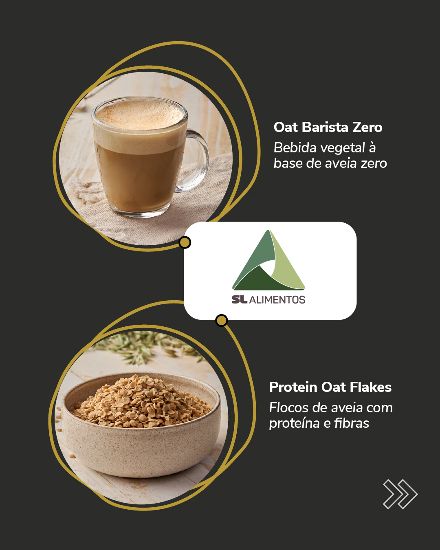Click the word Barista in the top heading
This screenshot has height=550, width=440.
pyautogui.click(x=325, y=127)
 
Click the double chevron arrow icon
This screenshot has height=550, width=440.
pyautogui.click(x=400, y=494)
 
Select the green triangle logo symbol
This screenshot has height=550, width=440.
pyautogui.click(x=268, y=260)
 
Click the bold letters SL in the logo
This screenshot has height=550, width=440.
pyautogui.click(x=240, y=299)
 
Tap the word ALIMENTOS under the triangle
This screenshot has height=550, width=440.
pyautogui.click(x=277, y=300)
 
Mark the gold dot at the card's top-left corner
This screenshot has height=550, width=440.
pyautogui.click(x=185, y=242)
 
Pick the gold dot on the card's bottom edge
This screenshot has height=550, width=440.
pyautogui.click(x=221, y=320)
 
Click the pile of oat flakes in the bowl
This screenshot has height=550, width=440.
pyautogui.click(x=141, y=401)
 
